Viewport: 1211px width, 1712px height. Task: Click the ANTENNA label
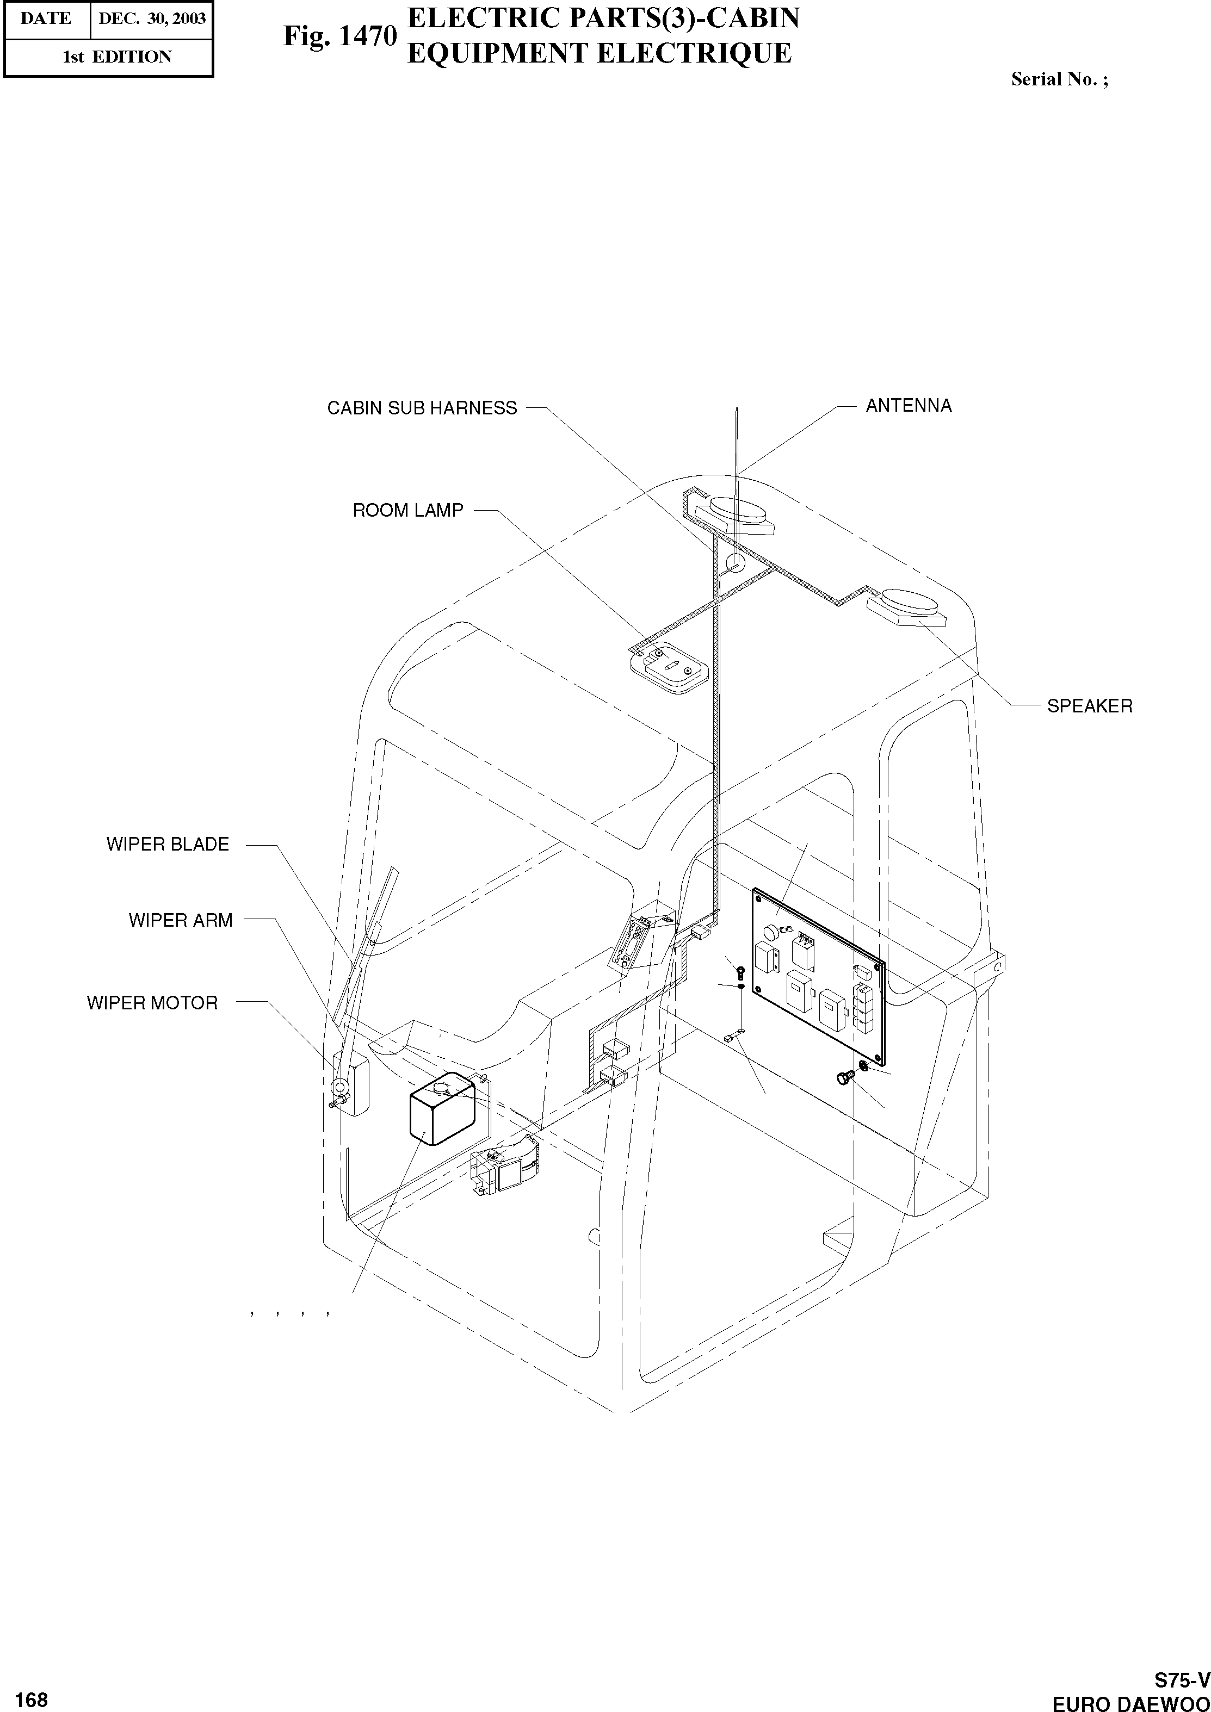click(x=909, y=406)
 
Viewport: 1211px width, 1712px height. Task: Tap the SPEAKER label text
click(x=1090, y=706)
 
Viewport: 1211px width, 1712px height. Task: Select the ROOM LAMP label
click(x=408, y=511)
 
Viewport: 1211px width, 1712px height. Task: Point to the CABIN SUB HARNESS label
click(x=422, y=408)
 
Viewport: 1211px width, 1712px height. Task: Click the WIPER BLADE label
click(x=168, y=845)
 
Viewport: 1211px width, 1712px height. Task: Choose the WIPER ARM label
click(x=181, y=921)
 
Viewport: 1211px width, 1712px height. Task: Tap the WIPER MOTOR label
click(x=152, y=1003)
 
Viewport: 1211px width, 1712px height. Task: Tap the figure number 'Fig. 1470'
click(x=339, y=36)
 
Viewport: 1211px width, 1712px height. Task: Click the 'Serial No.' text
click(x=1059, y=80)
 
